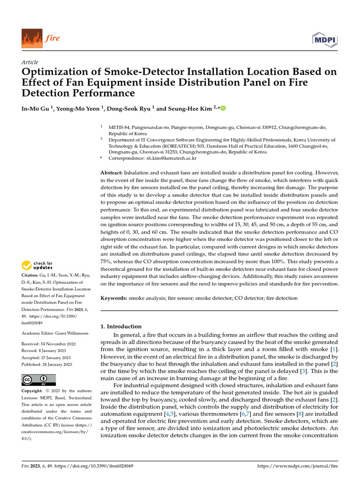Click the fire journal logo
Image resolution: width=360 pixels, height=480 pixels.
[x=41, y=38]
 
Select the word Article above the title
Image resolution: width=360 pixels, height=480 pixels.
[x=30, y=62]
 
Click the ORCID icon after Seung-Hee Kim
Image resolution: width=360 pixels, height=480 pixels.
[x=223, y=109]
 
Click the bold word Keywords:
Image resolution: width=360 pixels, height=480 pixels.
[x=114, y=298]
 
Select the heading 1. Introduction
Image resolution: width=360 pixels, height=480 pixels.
[x=121, y=326]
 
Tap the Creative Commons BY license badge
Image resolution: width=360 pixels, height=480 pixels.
[x=38, y=380]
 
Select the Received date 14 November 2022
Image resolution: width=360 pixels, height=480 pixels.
[x=56, y=344]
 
